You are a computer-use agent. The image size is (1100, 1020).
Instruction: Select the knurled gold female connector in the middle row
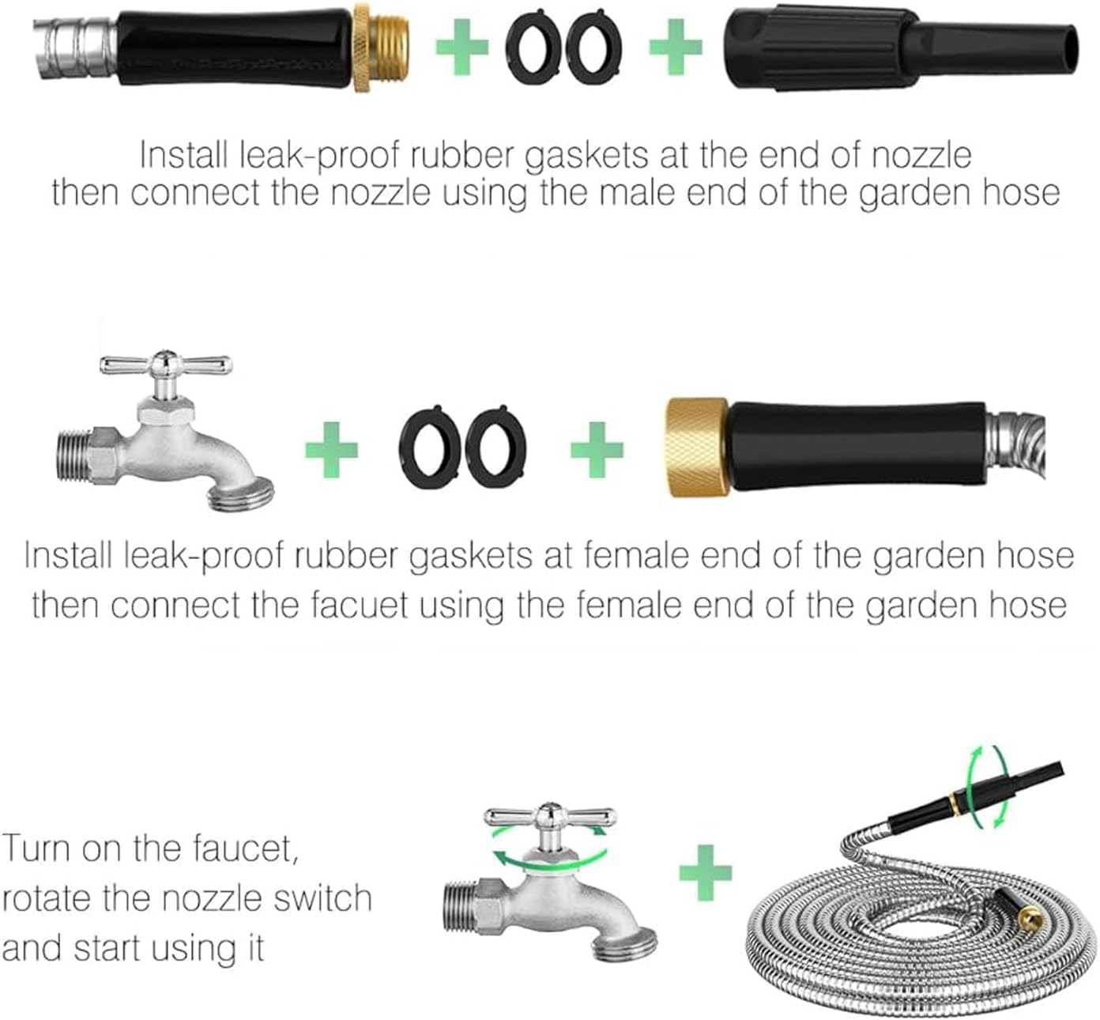(695, 448)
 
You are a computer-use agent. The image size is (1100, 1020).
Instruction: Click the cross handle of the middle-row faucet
(166, 365)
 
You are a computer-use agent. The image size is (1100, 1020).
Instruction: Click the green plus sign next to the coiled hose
(706, 873)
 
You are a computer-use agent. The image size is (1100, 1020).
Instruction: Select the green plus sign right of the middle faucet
(332, 448)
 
